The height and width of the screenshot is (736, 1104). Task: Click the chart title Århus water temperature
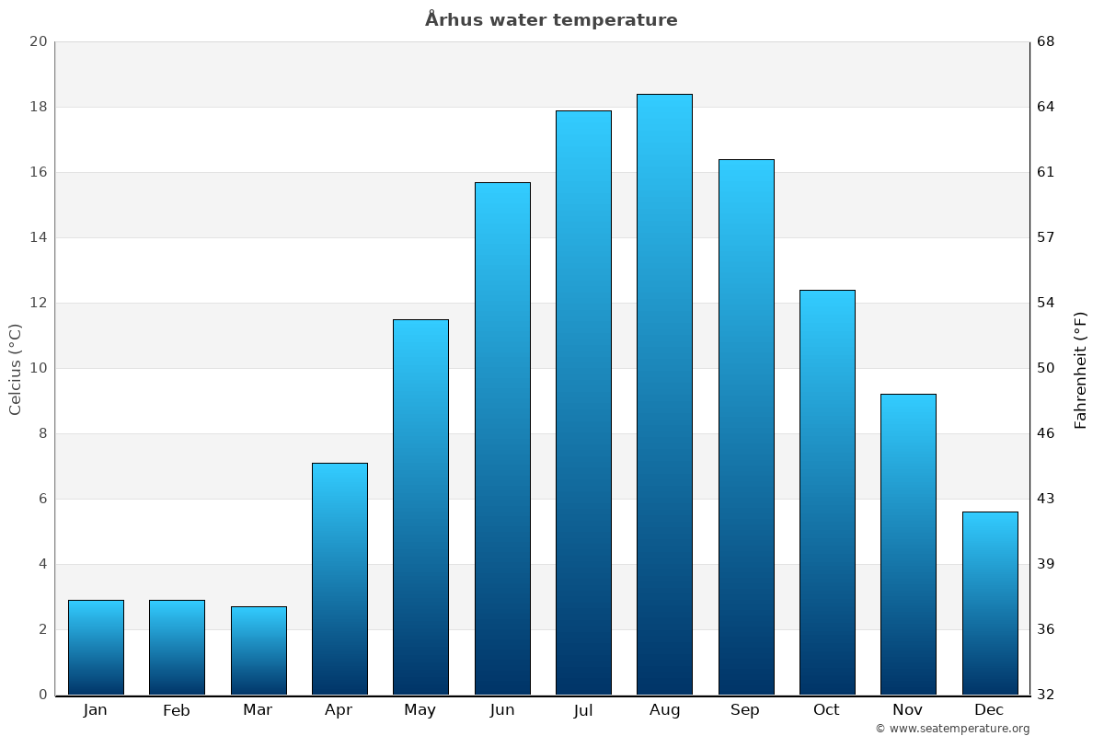(551, 20)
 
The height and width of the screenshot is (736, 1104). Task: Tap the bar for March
(259, 650)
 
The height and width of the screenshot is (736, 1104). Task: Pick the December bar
(990, 603)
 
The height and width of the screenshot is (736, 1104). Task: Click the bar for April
(339, 579)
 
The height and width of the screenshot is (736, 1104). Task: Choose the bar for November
(908, 544)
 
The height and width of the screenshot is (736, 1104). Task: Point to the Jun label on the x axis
(502, 710)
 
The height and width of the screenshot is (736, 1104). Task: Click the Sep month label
(745, 710)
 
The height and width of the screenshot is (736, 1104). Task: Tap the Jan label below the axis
(96, 710)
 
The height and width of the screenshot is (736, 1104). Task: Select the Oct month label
(826, 710)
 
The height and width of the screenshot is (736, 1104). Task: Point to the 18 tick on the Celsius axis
(38, 107)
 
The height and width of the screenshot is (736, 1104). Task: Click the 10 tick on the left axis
(38, 368)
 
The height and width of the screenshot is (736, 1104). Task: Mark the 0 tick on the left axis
(42, 695)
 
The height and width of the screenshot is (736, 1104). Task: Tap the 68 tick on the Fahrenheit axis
(1046, 41)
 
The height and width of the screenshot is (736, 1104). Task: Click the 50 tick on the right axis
(1046, 368)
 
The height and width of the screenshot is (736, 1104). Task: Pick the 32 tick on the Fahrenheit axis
(1046, 695)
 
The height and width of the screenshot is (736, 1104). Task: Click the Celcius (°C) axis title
(16, 369)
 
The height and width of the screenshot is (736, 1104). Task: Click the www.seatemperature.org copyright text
(952, 729)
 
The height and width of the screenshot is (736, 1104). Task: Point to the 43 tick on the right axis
(1046, 499)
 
